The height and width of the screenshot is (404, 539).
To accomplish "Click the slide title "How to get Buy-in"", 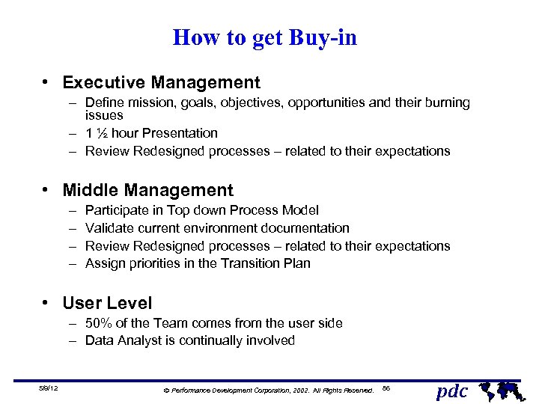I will (265, 37).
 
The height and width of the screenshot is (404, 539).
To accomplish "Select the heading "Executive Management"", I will (162, 83).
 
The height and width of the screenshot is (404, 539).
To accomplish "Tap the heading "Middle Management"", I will (148, 191).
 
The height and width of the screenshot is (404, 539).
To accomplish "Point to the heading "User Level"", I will (107, 303).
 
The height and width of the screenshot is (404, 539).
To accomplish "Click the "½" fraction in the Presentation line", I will (102, 133).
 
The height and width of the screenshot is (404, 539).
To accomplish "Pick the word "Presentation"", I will (180, 133).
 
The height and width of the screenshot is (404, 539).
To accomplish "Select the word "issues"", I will (104, 115).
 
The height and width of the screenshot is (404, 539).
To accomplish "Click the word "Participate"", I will (118, 210).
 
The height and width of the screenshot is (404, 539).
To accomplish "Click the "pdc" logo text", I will (451, 391).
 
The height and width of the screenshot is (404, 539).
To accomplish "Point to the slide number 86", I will (386, 388).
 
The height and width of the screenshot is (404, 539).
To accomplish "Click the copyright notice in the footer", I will (269, 391).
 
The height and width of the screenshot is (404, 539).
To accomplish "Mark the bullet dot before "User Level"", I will (46, 303).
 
